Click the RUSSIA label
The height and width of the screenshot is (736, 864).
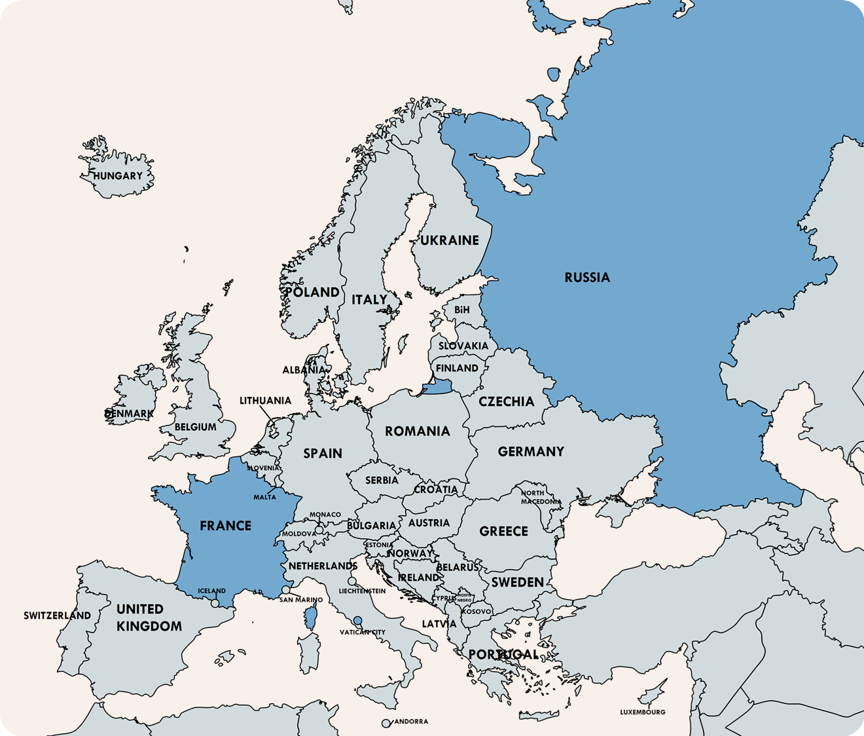tap(587, 278)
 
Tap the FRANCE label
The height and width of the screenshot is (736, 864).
tap(225, 526)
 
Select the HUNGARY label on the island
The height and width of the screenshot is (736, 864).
tap(118, 175)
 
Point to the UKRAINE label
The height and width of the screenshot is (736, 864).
tap(450, 240)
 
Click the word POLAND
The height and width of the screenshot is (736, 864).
tap(312, 292)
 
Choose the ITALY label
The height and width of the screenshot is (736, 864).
tap(369, 299)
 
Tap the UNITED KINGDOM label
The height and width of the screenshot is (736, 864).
tap(149, 617)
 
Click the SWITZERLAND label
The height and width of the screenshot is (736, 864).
tap(58, 616)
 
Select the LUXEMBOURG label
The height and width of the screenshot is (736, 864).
tap(643, 712)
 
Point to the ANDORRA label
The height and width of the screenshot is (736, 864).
tap(410, 722)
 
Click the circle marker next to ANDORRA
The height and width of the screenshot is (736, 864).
tap(386, 724)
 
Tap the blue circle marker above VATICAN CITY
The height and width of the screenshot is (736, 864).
tap(357, 620)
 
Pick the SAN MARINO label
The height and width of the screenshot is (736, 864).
tap(301, 600)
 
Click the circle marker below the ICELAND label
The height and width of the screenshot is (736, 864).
tap(215, 603)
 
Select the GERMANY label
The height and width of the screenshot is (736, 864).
tap(531, 451)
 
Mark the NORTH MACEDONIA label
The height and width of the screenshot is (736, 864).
tap(541, 497)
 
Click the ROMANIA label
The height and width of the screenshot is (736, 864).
tap(417, 431)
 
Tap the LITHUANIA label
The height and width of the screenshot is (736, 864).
tap(265, 401)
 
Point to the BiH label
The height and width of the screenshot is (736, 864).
tap(461, 310)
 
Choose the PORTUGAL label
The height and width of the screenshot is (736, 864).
tap(503, 654)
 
